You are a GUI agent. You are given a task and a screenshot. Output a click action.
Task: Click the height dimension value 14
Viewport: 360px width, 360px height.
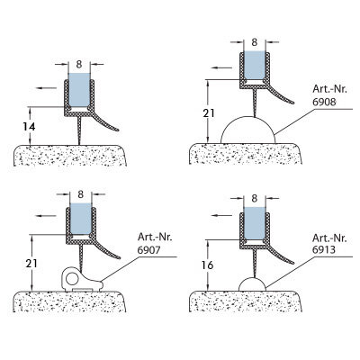click(x=29, y=127)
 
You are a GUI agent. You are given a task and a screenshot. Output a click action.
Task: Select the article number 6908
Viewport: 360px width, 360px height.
click(x=324, y=102)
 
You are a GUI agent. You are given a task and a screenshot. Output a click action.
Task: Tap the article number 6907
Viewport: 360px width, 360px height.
click(x=149, y=250)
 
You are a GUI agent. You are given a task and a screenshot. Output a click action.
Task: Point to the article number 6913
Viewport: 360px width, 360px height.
click(x=324, y=249)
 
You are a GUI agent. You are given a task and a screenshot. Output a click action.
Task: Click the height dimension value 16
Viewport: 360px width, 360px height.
click(x=207, y=265)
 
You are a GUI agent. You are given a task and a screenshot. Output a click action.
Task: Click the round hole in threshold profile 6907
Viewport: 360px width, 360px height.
click(x=72, y=279)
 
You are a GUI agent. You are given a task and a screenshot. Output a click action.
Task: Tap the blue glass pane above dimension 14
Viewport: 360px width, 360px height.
click(x=79, y=90)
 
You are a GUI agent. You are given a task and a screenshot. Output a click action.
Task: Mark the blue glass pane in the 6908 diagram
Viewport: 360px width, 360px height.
click(x=255, y=66)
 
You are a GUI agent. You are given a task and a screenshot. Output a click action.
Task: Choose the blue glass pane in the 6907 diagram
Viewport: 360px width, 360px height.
click(x=80, y=219)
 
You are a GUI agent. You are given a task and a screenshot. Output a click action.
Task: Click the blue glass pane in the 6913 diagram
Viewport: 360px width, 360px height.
click(x=255, y=223)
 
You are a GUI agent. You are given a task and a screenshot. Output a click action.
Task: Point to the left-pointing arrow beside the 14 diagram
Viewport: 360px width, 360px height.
click(x=46, y=88)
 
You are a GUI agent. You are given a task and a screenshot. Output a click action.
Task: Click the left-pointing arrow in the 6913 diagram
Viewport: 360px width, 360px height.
click(x=221, y=215)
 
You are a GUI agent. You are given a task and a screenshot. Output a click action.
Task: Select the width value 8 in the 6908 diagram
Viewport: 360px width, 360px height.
click(x=255, y=42)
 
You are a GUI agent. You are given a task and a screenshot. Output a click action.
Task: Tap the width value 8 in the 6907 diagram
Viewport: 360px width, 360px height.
click(x=80, y=194)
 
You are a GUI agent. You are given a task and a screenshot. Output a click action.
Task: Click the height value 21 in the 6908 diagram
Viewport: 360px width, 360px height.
click(x=209, y=113)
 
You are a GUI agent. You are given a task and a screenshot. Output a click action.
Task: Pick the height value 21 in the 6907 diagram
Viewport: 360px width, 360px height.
click(x=31, y=264)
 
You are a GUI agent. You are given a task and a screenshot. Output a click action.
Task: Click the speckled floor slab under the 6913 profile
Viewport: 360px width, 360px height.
click(x=246, y=301)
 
